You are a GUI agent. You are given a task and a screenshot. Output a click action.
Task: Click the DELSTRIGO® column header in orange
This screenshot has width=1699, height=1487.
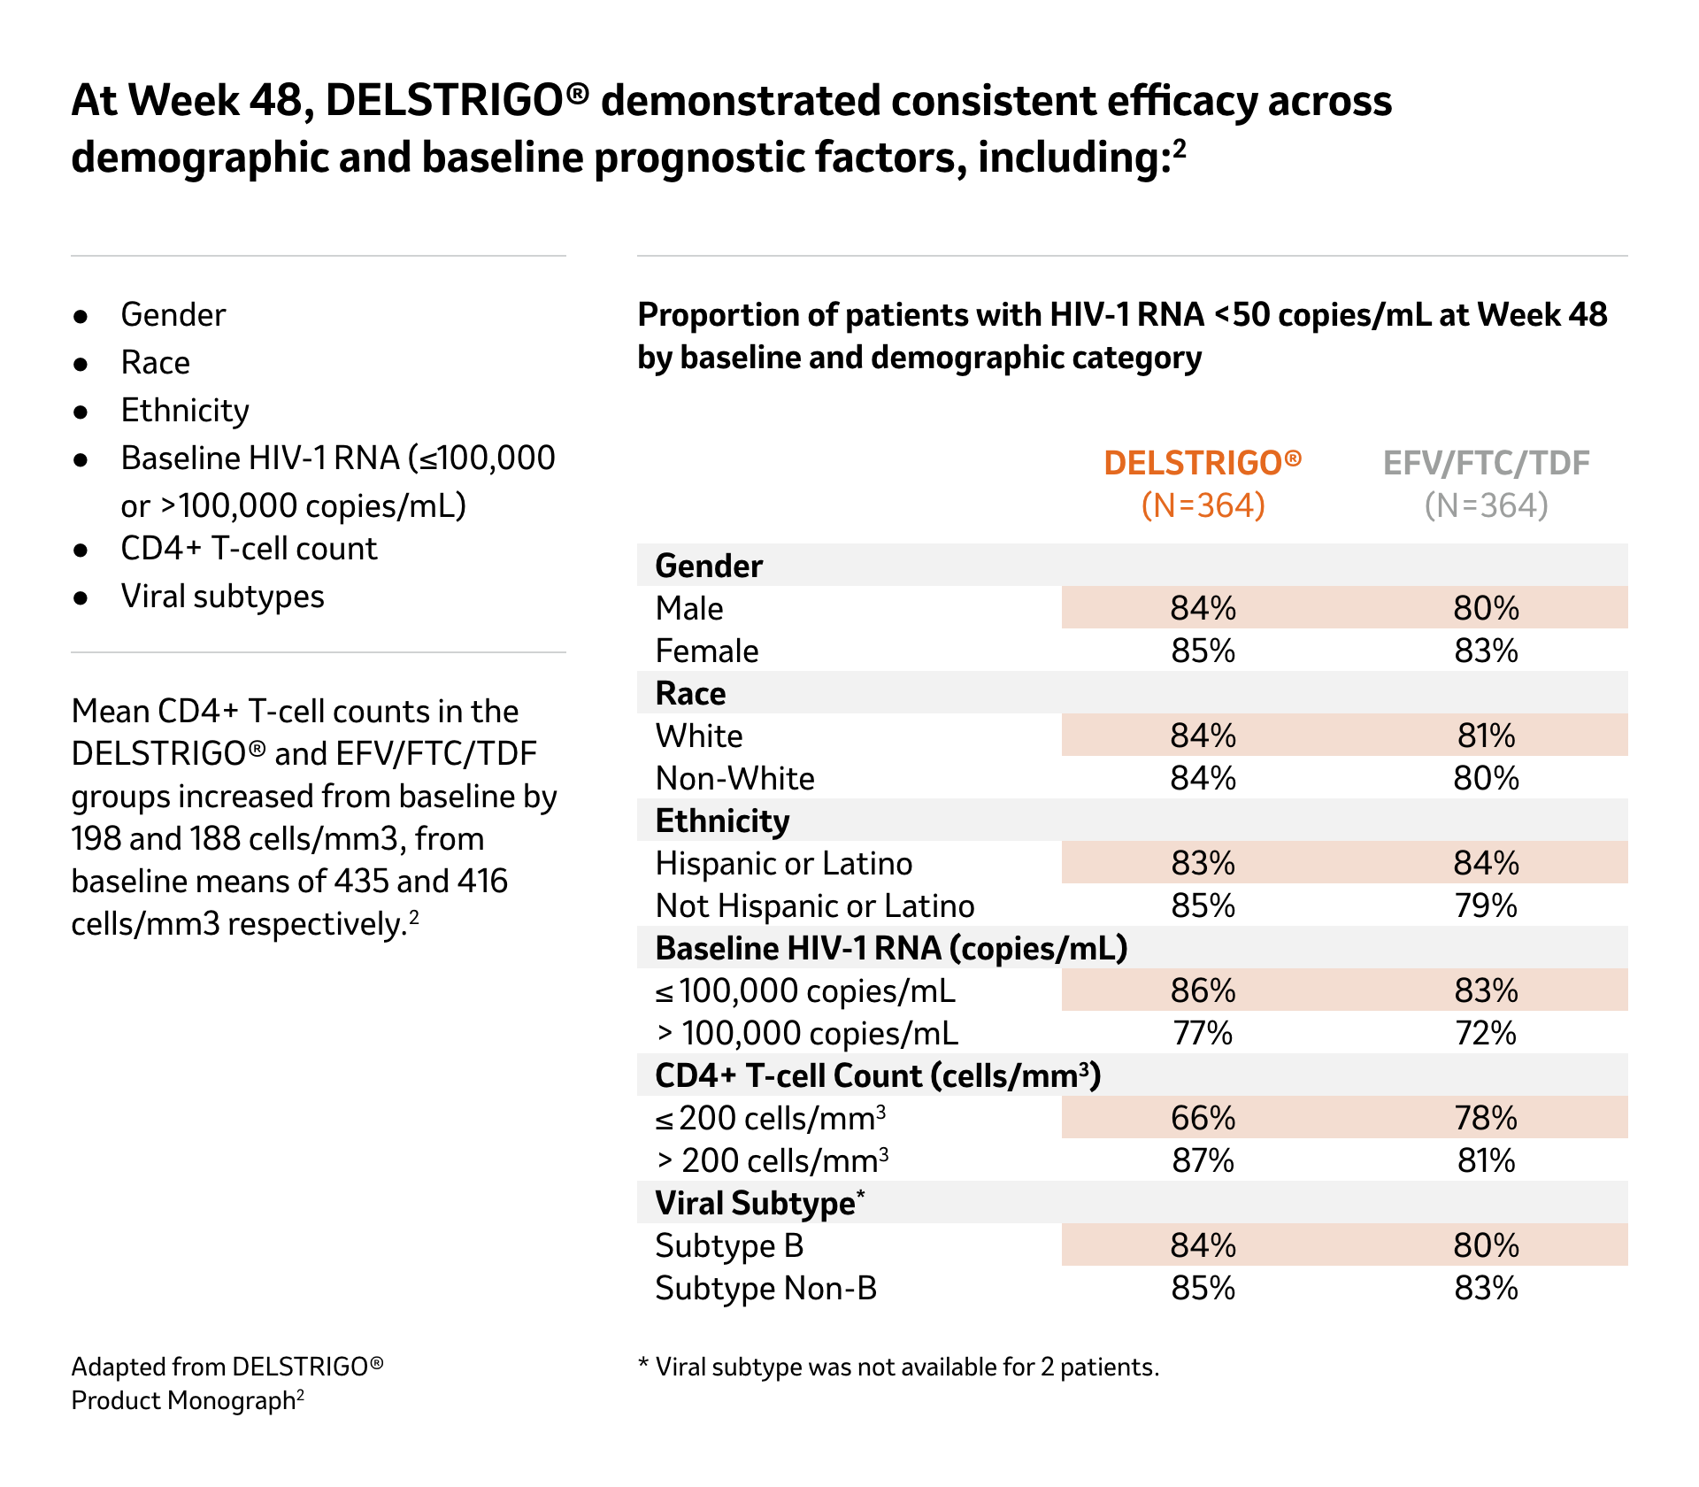1203,463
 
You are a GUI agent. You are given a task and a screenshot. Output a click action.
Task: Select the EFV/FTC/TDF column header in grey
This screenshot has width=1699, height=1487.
1486,463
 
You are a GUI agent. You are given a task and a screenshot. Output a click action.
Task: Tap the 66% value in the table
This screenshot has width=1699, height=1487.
1203,1118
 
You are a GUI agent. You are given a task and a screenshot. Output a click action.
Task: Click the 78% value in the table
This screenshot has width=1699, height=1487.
1486,1118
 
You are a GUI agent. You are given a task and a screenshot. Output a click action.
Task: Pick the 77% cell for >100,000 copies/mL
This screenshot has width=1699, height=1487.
1203,1033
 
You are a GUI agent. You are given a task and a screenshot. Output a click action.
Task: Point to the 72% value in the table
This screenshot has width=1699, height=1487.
1486,1033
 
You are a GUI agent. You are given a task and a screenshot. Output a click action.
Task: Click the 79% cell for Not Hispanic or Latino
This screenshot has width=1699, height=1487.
1486,905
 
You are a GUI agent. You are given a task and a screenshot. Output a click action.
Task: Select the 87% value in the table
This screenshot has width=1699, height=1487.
1203,1160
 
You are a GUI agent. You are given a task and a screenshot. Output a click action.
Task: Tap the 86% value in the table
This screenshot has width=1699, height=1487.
1203,990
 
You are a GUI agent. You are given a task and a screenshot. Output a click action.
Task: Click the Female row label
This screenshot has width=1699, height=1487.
707,651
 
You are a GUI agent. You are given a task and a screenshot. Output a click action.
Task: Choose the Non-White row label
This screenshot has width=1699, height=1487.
734,778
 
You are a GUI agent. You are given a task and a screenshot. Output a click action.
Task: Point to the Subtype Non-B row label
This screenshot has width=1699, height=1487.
765,1288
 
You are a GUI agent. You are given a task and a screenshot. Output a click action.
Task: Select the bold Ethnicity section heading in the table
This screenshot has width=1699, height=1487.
722,821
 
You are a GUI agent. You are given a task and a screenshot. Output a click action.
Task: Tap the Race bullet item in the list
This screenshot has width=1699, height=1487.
155,363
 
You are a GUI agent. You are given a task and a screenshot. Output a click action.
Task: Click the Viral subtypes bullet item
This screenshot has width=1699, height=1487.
222,597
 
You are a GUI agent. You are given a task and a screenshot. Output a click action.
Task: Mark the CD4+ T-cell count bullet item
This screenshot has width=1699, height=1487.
249,549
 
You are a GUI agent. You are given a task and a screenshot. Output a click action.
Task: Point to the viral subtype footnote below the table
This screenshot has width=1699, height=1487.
898,1367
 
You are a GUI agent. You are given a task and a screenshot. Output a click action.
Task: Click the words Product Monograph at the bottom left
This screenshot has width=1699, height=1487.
183,1400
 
